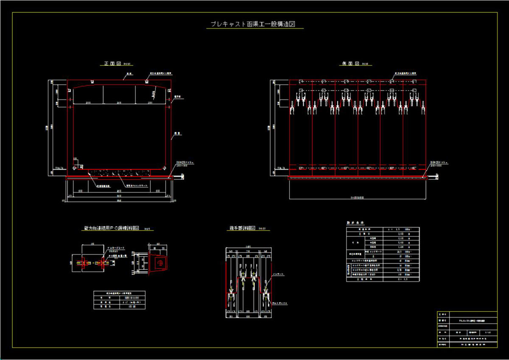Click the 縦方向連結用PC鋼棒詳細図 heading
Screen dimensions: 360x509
pos(112,228)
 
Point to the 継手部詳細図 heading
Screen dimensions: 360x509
pos(242,228)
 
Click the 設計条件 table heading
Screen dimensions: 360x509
pos(355,223)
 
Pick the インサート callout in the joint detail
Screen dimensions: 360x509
pos(278,274)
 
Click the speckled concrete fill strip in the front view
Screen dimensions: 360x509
pos(119,173)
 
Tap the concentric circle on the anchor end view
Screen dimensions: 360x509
pos(160,263)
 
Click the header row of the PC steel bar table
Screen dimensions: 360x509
pos(119,293)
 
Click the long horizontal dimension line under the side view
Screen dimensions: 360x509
pos(357,198)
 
